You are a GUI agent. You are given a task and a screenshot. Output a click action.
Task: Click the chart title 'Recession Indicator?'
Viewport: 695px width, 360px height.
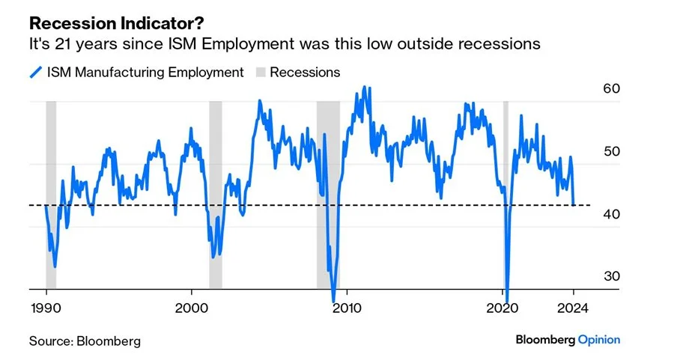click(105, 25)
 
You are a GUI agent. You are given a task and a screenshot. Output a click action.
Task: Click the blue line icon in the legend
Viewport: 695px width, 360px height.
click(34, 73)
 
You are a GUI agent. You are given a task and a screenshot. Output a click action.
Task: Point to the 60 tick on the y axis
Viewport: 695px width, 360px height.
click(611, 88)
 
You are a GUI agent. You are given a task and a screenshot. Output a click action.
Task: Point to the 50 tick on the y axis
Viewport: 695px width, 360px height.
click(611, 151)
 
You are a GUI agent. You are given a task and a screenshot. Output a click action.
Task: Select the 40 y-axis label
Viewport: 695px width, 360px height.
click(611, 214)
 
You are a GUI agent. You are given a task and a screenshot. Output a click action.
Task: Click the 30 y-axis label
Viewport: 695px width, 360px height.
click(611, 276)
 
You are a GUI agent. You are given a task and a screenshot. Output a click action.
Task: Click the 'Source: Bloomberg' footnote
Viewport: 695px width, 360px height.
click(85, 341)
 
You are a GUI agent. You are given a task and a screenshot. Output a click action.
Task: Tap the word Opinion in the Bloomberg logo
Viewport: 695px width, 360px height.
click(598, 340)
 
